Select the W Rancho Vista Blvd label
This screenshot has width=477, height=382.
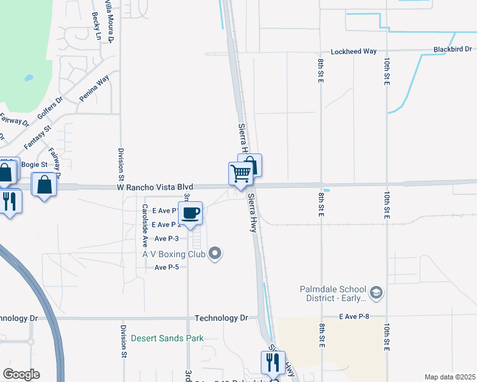click(x=145, y=187)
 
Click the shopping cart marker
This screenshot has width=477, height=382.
click(x=240, y=173)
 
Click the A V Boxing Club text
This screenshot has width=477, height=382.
click(x=173, y=254)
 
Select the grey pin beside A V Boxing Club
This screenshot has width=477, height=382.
click(x=216, y=254)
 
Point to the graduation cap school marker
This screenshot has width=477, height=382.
click(x=376, y=293)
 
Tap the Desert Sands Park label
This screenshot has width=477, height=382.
click(x=167, y=338)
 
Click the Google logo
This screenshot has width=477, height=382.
click(x=21, y=374)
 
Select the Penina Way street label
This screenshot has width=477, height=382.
click(x=94, y=88)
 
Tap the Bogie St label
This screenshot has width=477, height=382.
click(x=34, y=164)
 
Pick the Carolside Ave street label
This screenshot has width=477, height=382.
click(x=145, y=217)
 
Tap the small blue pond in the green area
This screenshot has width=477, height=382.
click(x=29, y=78)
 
